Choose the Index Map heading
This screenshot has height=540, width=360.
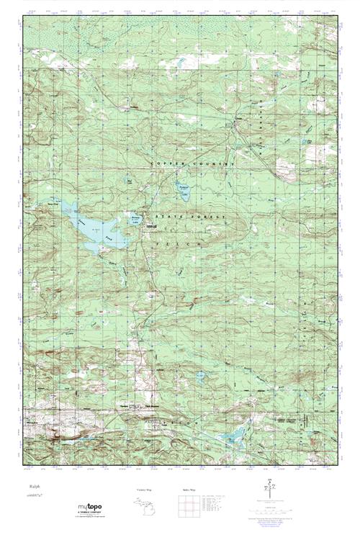pos(189,490)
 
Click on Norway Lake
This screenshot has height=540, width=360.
pos(135,217)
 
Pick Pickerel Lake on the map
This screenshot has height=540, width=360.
pos(183,191)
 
